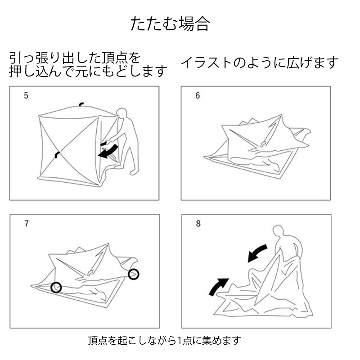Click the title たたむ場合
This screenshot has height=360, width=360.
170,24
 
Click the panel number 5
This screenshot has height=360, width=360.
26,95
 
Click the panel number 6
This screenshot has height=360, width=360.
198,95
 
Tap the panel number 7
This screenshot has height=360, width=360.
27,223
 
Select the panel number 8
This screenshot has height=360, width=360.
198,223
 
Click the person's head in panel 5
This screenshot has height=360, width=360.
122,113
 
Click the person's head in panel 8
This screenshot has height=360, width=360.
279,231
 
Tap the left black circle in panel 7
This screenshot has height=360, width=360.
56,287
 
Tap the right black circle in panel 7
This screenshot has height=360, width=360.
133,274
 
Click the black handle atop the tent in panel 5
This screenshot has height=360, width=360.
81,105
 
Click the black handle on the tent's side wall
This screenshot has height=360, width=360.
57,155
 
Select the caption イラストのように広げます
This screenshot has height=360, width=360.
260,63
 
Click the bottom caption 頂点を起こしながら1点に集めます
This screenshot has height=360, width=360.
164,341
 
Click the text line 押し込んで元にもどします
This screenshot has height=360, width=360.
88,71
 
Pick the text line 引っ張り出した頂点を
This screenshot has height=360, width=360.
75,58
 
